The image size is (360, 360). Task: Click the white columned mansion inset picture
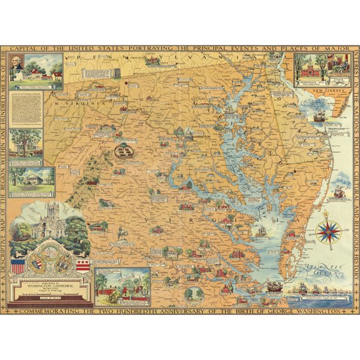tap(31, 178)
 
